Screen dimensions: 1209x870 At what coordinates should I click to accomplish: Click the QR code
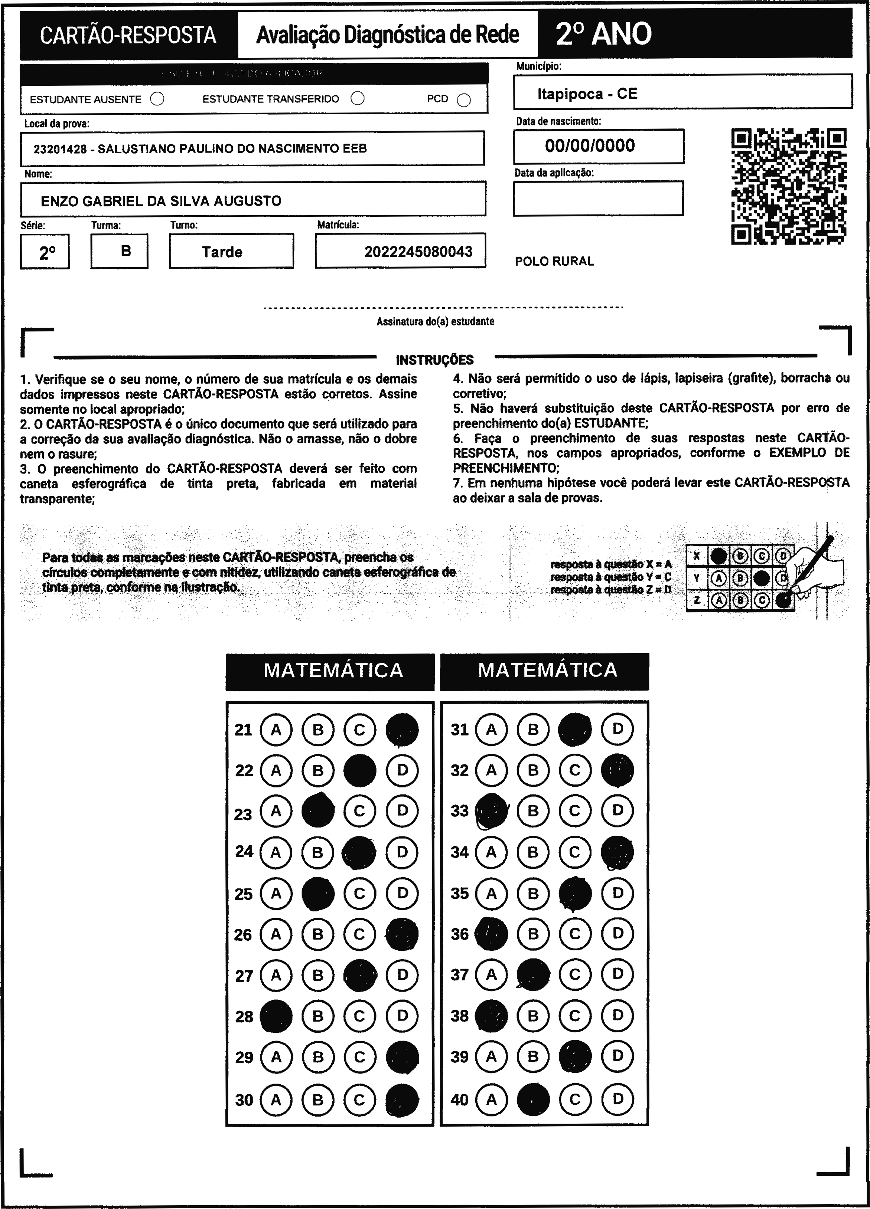coord(788,186)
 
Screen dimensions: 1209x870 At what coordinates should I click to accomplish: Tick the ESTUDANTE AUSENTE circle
coord(157,99)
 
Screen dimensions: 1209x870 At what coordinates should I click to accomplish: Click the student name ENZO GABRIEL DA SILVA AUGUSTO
coord(161,201)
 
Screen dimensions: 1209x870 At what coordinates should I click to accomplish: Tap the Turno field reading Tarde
coord(222,252)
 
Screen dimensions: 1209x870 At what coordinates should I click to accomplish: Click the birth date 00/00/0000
coord(590,145)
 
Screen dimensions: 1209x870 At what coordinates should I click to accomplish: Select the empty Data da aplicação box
coord(598,198)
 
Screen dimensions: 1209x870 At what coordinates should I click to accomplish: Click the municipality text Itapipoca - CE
coord(587,94)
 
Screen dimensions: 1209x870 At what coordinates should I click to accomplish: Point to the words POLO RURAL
coord(554,261)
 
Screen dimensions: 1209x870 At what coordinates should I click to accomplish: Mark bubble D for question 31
coord(617,729)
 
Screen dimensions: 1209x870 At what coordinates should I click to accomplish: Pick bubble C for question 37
coord(574,974)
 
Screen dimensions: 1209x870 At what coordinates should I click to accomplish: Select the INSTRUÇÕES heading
coord(435,360)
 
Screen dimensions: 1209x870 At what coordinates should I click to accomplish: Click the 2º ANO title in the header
coord(603,34)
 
